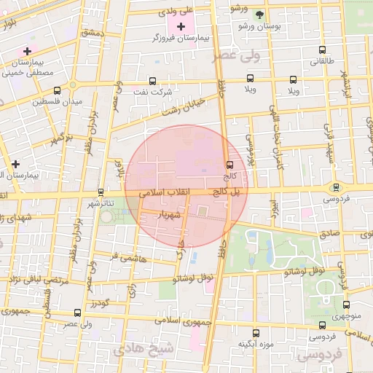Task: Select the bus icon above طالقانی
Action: (x=323, y=50)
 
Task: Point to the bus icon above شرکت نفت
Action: (x=152, y=81)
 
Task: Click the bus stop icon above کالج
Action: (x=230, y=165)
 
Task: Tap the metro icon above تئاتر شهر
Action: (x=100, y=192)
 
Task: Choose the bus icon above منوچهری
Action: (x=346, y=305)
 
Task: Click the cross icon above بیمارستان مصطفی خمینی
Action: (x=27, y=51)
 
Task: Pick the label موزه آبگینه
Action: (x=255, y=344)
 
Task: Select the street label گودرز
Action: (x=100, y=302)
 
